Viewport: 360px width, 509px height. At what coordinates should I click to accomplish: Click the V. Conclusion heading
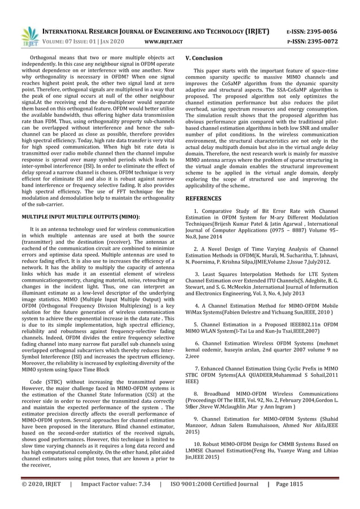point(204,58)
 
